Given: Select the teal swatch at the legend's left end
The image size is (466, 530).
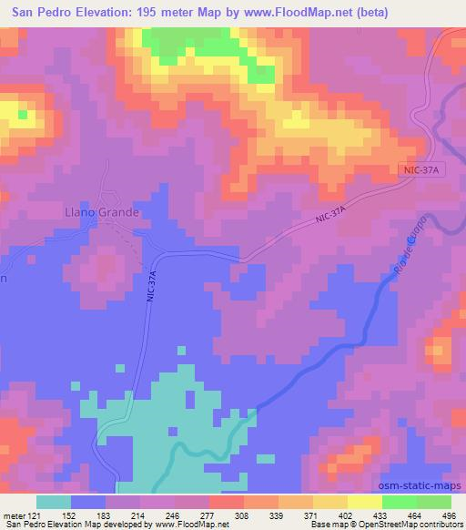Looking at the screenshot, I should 54,502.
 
